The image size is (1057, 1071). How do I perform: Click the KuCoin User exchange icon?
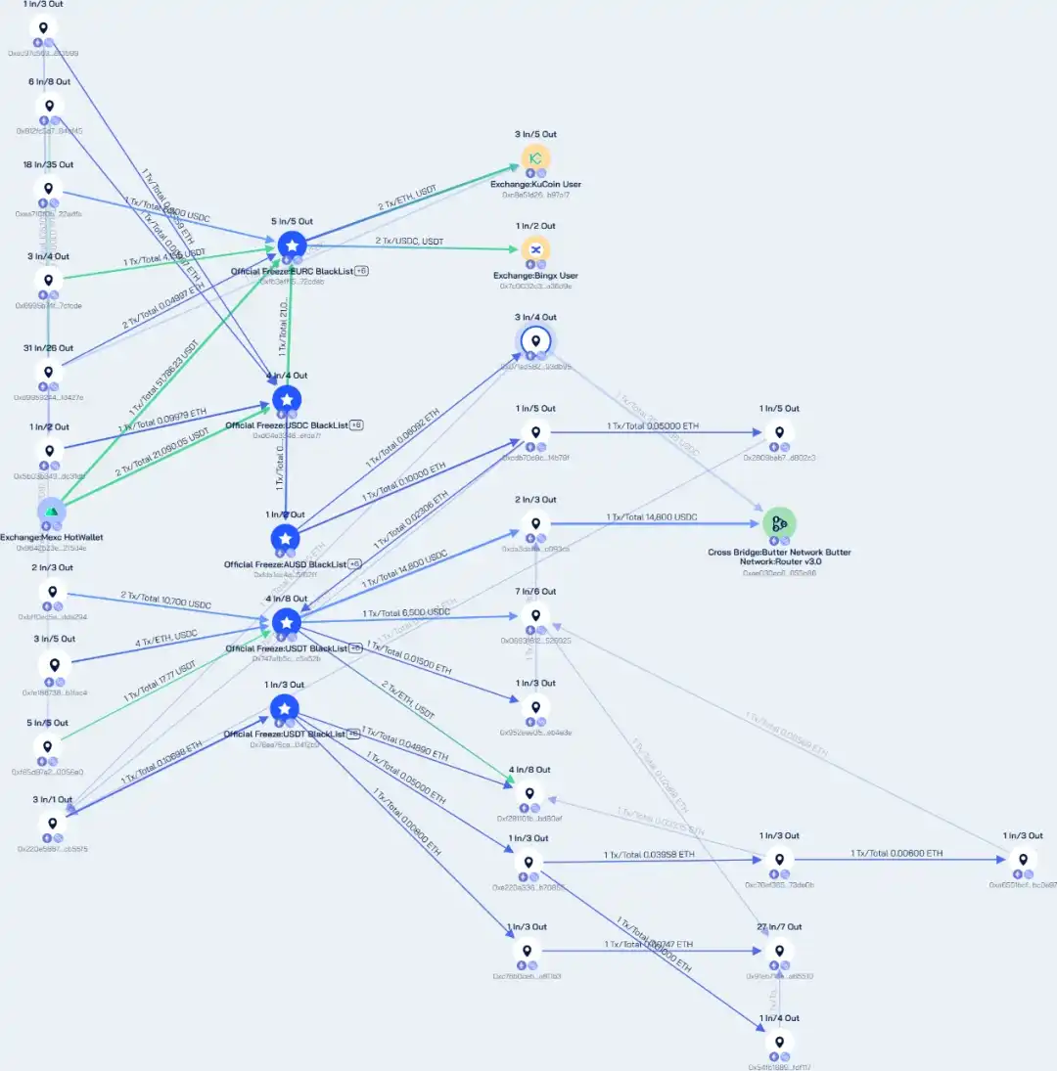(535, 157)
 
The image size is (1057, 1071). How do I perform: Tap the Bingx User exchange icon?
(535, 248)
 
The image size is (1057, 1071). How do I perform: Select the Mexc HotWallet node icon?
(52, 511)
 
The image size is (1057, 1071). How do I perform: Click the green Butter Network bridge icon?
(779, 523)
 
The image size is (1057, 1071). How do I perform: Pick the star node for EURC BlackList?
(292, 245)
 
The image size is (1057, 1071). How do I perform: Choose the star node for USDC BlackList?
(286, 399)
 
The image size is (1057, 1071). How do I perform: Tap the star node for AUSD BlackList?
(284, 538)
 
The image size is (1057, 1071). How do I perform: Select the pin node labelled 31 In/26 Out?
(48, 372)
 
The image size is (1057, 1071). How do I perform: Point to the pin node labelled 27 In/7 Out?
(779, 950)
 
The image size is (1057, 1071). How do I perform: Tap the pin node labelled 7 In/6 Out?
(535, 615)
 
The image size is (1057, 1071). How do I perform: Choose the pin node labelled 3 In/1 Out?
(52, 823)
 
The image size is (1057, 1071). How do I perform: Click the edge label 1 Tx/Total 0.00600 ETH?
(896, 853)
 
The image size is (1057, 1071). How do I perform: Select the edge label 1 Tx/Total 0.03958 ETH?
(649, 854)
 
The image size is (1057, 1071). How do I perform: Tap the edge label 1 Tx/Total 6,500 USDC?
(406, 613)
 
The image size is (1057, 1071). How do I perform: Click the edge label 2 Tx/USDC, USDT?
(408, 241)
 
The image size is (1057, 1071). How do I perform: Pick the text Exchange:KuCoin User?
(535, 184)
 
